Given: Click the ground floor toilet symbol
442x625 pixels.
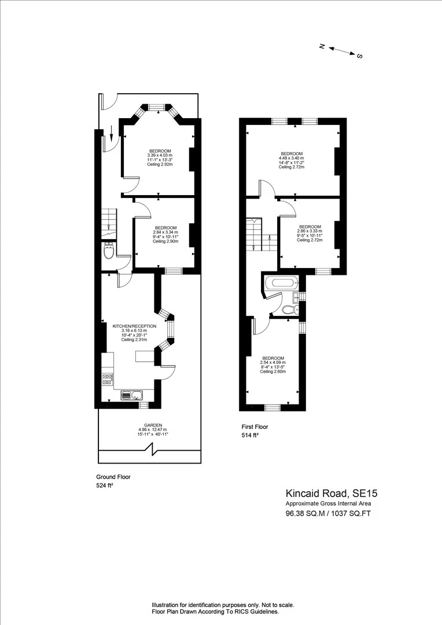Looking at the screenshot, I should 108,252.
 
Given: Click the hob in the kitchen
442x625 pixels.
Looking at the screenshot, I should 108,380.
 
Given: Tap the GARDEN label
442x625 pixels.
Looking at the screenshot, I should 153,425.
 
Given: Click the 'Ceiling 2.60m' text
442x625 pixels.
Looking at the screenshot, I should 274,372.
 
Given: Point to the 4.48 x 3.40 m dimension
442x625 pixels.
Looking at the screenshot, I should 292,158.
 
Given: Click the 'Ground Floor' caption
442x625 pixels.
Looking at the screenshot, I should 113,477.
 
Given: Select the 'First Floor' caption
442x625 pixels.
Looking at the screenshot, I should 255,427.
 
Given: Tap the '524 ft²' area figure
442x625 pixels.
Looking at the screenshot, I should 104,487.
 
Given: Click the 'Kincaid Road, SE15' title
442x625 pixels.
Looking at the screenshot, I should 331,494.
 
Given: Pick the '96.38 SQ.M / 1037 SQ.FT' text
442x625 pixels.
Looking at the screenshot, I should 327,513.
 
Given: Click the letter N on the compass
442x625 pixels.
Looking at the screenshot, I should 322,46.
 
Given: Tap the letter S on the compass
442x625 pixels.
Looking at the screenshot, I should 359,56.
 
